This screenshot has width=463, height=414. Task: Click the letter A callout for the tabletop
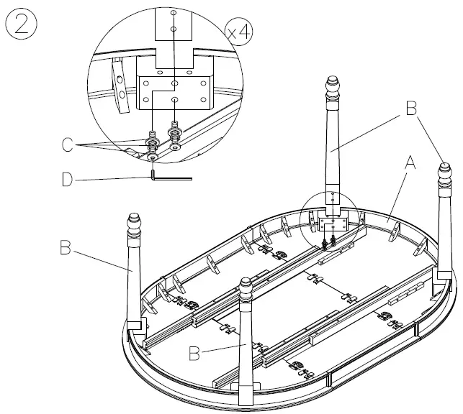(410, 163)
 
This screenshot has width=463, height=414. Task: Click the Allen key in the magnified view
(171, 174)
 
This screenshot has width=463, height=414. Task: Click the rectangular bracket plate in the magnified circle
(174, 91)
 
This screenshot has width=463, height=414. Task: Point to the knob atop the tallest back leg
(333, 88)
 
